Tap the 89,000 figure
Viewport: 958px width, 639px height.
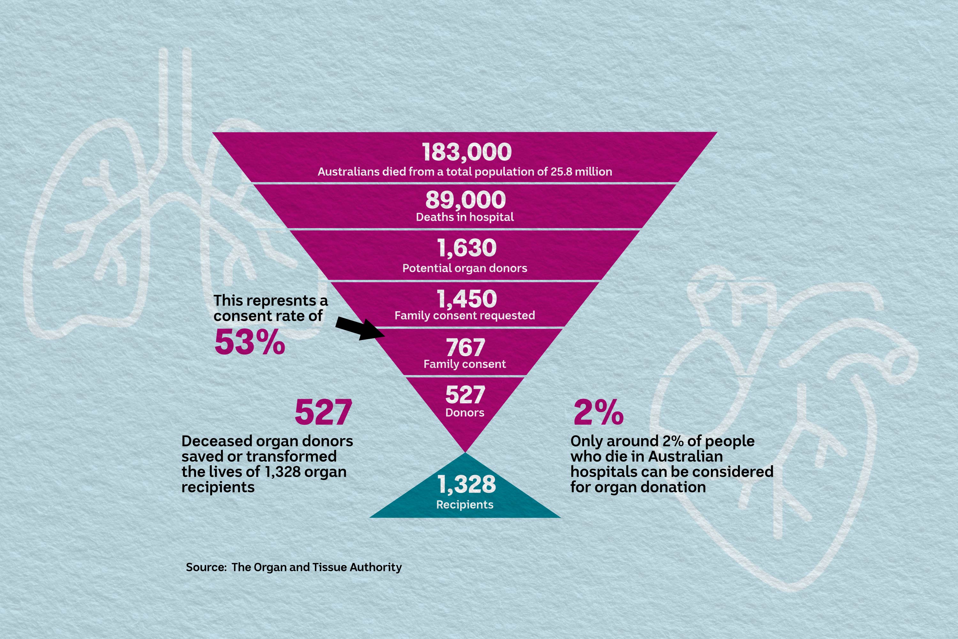(x=465, y=200)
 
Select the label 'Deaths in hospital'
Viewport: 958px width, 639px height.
(x=465, y=217)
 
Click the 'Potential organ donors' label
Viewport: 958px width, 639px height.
(x=465, y=268)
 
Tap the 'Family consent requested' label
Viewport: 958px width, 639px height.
(x=465, y=315)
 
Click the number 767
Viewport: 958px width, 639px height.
(x=465, y=348)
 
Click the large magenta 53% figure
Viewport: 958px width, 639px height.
(x=250, y=342)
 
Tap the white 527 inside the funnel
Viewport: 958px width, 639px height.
(x=465, y=395)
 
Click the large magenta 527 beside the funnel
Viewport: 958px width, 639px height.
(x=323, y=413)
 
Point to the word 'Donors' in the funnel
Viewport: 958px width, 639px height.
(x=465, y=413)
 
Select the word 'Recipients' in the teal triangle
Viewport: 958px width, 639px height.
(x=465, y=505)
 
